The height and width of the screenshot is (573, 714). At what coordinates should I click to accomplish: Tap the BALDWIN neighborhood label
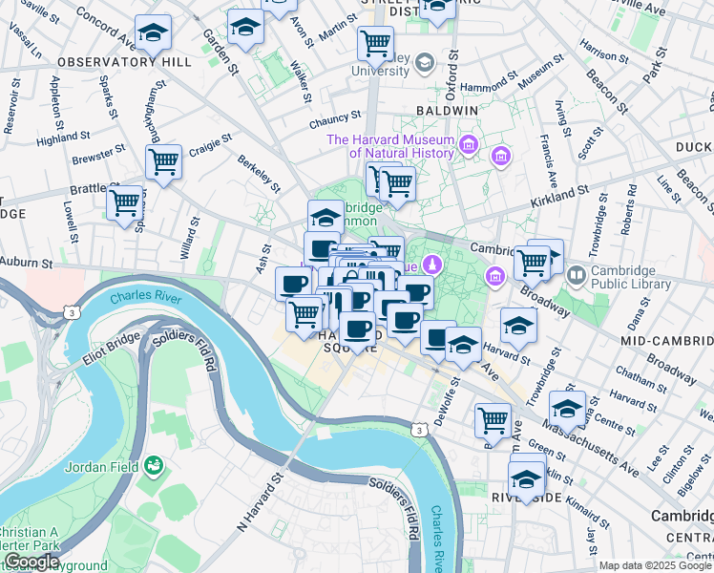click(x=447, y=111)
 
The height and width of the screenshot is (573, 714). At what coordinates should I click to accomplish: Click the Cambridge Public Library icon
click(x=577, y=276)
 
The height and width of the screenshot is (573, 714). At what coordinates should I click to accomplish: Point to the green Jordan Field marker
click(x=153, y=466)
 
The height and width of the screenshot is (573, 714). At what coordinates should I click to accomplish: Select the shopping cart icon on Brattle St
click(x=124, y=202)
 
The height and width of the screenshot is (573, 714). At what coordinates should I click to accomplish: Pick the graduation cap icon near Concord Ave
click(x=153, y=33)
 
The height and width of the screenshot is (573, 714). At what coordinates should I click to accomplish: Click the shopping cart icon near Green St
click(x=493, y=418)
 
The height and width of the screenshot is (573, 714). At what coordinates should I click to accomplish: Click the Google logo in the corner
click(x=31, y=562)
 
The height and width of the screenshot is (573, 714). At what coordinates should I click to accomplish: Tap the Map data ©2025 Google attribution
click(x=655, y=565)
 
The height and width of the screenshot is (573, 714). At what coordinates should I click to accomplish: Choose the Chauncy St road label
click(x=332, y=122)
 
